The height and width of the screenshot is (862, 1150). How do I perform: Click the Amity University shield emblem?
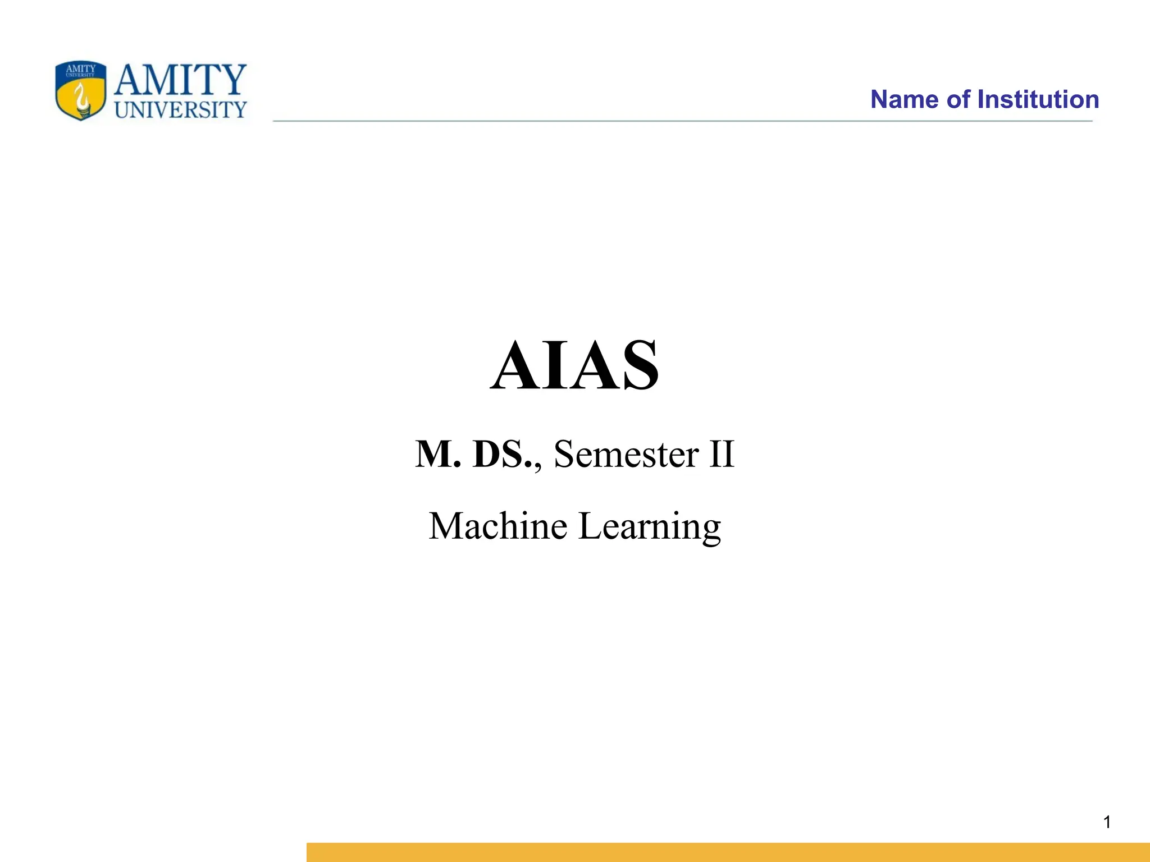tap(81, 91)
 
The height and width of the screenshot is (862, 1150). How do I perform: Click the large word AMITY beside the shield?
tap(180, 80)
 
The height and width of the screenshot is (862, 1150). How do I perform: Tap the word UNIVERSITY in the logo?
tap(180, 109)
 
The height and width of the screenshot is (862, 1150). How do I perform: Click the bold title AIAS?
tap(574, 365)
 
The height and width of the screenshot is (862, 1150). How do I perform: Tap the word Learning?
tap(650, 527)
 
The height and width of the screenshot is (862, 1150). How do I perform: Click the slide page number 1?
tap(1107, 822)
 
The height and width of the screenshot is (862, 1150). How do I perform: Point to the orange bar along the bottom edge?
tap(728, 852)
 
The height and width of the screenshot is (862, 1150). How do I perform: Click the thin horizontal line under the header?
tap(682, 121)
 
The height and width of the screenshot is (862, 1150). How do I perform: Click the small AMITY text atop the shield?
tap(81, 69)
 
